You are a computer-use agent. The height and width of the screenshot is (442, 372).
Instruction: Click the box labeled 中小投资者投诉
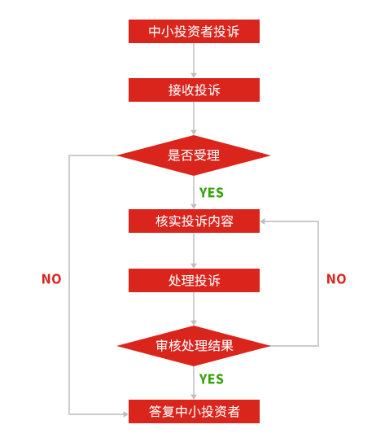[x=194, y=31]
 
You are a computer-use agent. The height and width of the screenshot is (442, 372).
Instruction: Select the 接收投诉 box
[x=194, y=90]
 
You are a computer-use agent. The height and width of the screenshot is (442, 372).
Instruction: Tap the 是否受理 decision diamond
[x=194, y=155]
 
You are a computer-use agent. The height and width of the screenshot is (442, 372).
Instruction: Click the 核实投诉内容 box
[x=194, y=221]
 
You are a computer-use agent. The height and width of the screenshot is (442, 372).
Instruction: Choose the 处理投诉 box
[x=194, y=280]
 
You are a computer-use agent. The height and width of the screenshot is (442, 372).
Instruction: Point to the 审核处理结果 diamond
[x=194, y=346]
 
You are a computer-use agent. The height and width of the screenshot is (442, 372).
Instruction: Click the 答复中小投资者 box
[x=194, y=411]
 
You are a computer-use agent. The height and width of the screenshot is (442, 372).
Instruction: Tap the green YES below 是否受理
[x=212, y=193]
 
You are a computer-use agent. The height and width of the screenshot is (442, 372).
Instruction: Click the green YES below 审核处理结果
[x=212, y=379]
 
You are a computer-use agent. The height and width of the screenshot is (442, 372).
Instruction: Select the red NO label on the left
[x=51, y=279]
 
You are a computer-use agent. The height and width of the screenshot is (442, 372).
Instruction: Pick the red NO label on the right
[x=336, y=279]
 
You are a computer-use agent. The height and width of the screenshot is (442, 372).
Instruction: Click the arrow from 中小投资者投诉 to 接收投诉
[x=194, y=60]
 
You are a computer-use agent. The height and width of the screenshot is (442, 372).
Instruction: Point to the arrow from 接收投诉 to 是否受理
[x=194, y=118]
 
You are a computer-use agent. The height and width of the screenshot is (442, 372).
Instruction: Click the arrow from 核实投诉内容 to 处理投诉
[x=194, y=251]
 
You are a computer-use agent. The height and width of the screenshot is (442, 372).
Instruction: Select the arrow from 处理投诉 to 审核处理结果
[x=194, y=309]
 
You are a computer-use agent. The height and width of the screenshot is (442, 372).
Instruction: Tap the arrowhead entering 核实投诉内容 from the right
[x=263, y=221]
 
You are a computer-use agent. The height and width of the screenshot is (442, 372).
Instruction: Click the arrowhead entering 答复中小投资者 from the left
[x=125, y=414]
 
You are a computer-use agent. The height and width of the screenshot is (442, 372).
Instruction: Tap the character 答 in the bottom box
[x=155, y=411]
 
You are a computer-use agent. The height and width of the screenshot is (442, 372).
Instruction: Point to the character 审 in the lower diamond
[x=162, y=346]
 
